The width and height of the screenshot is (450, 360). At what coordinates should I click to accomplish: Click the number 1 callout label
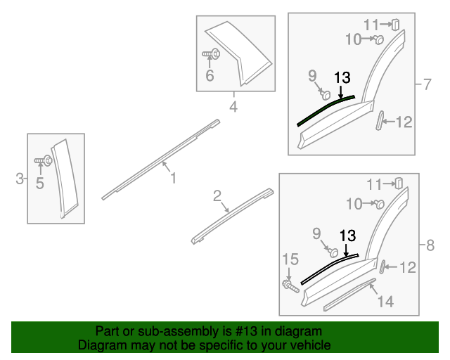pos(172,179)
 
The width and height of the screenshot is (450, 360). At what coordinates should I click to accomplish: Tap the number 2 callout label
pos(218,195)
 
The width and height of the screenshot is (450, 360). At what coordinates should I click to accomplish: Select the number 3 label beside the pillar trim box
pos(20,179)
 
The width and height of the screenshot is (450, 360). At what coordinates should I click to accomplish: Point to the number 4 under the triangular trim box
pos(233,108)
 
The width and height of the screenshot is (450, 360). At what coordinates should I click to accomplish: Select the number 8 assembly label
pos(430,245)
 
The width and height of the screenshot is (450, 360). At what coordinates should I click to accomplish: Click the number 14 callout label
pos(385,302)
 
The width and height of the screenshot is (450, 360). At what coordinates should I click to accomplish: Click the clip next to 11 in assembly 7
pos(395,24)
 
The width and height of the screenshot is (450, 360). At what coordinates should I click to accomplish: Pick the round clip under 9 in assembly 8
pos(335,251)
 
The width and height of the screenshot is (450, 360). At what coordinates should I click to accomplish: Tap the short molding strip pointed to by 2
pos(232,215)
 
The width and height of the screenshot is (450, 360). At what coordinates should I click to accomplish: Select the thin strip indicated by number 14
pos(349,296)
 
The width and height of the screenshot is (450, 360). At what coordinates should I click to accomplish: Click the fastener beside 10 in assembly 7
pos(378,40)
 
